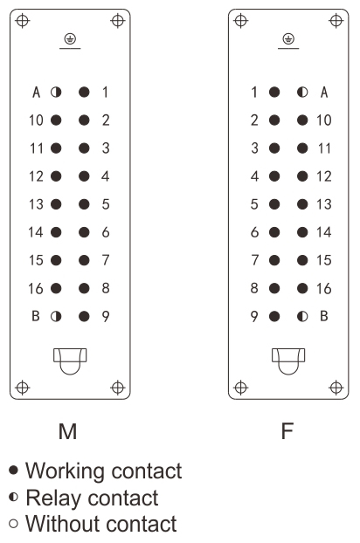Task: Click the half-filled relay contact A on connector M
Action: tap(56, 93)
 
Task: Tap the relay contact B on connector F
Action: tap(302, 316)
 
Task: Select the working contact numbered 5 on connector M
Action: tap(84, 204)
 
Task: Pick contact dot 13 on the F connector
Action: tap(302, 204)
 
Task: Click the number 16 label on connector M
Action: tap(36, 288)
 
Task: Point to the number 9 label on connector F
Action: tap(254, 316)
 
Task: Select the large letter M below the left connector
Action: tap(68, 431)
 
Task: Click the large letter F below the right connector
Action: tap(287, 431)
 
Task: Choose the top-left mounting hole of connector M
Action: tap(23, 20)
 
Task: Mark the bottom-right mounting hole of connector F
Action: tap(336, 388)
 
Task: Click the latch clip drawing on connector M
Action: tap(70, 361)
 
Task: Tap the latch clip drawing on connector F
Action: tap(288, 361)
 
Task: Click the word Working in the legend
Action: tap(65, 471)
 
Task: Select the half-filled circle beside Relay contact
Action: tap(13, 498)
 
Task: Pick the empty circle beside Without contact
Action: tap(13, 523)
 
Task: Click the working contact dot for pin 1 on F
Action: tap(274, 93)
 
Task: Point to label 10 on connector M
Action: tap(36, 120)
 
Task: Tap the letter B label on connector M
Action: tap(36, 316)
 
